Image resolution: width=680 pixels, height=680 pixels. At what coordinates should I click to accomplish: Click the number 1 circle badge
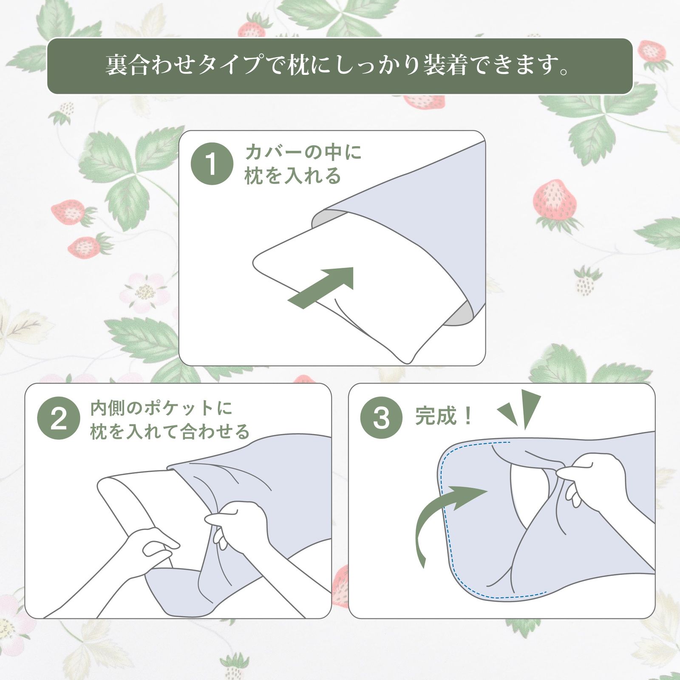tap(212, 164)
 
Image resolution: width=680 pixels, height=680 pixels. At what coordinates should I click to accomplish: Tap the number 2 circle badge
tap(58, 418)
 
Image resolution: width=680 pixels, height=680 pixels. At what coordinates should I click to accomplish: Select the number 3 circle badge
tap(381, 418)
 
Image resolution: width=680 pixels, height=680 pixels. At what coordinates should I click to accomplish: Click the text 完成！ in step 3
tap(444, 416)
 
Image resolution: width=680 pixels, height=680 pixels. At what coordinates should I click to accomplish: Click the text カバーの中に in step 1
tap(303, 152)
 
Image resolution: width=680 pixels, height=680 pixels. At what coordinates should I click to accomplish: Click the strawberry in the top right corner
tap(652, 51)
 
